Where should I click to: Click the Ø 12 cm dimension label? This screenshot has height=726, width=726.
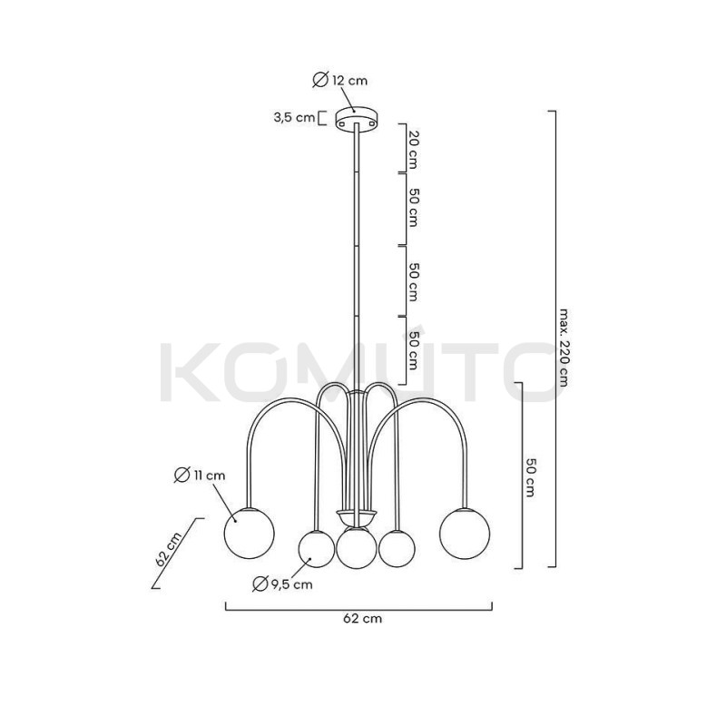click(x=339, y=80)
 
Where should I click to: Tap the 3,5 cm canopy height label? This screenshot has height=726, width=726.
click(x=293, y=117)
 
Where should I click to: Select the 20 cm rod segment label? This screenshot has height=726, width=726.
click(x=414, y=150)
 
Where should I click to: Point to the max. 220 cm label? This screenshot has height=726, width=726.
click(x=563, y=348)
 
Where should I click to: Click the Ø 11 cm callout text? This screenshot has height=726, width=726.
click(x=200, y=475)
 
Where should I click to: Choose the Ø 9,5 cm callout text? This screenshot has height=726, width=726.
click(x=282, y=584)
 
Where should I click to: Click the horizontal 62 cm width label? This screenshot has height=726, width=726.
click(x=362, y=618)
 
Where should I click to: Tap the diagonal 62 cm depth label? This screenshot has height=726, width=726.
click(x=169, y=549)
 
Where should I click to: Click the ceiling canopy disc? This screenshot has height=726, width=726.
click(x=357, y=118)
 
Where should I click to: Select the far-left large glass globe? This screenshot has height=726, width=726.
click(x=249, y=533)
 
